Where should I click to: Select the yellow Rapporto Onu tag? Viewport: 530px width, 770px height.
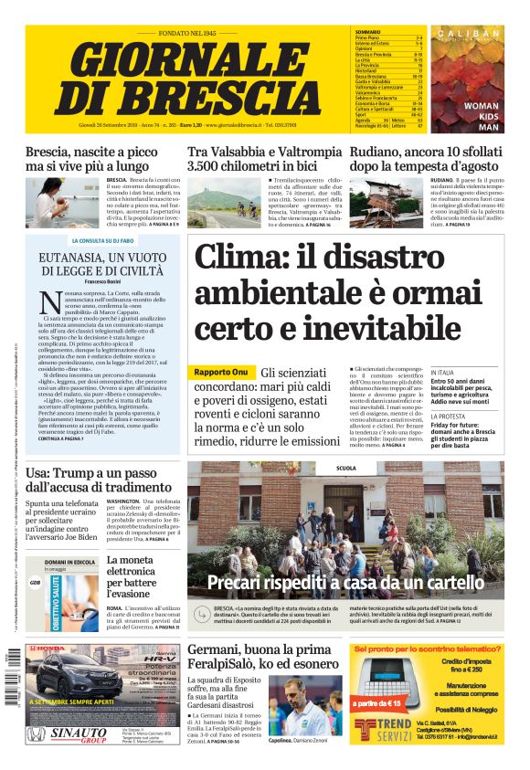click(x=219, y=373)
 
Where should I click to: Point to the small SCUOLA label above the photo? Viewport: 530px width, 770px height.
click(x=346, y=467)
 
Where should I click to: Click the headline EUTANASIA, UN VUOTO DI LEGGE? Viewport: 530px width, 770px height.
click(x=101, y=265)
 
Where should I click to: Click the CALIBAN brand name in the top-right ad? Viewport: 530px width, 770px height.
click(x=469, y=34)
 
